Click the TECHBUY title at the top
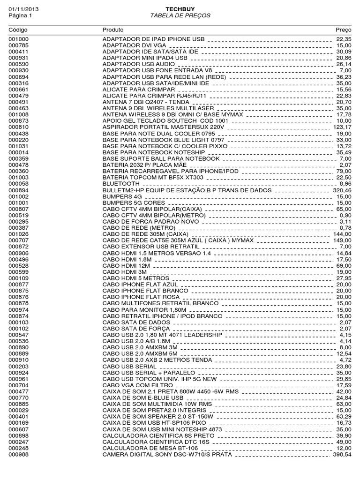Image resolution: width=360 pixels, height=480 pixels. pos(180,9)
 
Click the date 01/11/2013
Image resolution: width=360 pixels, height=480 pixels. pos(22,9)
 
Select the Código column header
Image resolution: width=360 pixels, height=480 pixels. pos(18,30)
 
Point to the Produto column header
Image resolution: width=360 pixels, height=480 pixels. pos(112,30)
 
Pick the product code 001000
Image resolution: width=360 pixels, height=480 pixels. pos(19,38)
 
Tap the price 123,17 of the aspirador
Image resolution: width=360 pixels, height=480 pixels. pos(342,127)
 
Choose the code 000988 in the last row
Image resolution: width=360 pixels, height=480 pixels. pos(19,455)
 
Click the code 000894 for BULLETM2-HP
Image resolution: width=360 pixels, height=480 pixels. pos(19,190)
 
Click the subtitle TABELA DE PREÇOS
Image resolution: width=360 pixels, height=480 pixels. pos(180,15)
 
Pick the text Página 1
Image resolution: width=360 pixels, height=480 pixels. pos(19,15)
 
